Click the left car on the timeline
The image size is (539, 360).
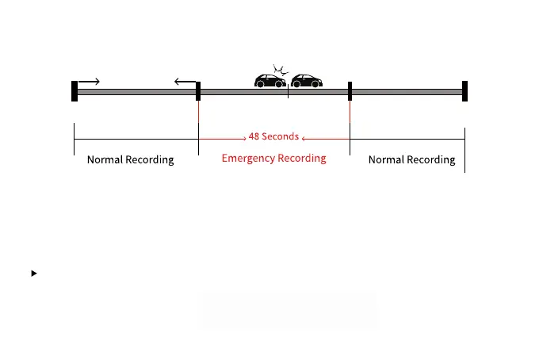(x=269, y=80)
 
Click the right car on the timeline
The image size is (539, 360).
(x=307, y=80)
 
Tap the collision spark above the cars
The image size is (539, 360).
(x=278, y=69)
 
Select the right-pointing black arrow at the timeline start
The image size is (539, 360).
(x=89, y=81)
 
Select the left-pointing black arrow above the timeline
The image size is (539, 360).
(x=185, y=81)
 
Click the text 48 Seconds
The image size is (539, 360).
(x=273, y=136)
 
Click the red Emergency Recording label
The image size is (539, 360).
(x=273, y=158)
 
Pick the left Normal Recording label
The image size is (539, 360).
(x=130, y=159)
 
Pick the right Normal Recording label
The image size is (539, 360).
(x=411, y=159)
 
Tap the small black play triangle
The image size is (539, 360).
(x=34, y=274)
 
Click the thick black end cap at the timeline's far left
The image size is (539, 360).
(x=75, y=91)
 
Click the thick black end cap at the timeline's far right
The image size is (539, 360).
(x=465, y=91)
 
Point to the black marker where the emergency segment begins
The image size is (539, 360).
(x=198, y=91)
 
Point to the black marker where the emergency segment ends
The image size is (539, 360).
(x=350, y=91)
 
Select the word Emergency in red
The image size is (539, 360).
(x=248, y=158)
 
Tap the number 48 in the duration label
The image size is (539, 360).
(x=254, y=136)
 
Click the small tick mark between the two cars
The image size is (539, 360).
(x=288, y=94)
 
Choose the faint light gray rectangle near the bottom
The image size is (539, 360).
(x=287, y=310)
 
